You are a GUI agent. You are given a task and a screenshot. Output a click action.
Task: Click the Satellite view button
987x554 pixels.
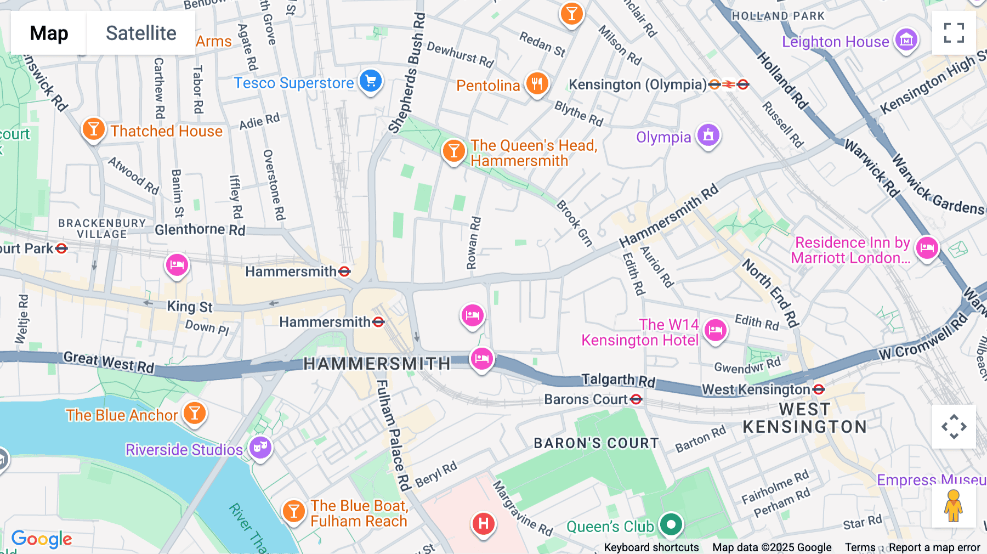click(x=141, y=33)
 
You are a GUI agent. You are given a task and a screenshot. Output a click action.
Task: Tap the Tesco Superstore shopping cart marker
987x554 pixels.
click(x=371, y=81)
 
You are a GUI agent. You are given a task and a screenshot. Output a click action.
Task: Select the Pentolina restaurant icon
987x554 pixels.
click(x=537, y=84)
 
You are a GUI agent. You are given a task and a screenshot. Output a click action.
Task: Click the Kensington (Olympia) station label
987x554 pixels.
click(x=637, y=84)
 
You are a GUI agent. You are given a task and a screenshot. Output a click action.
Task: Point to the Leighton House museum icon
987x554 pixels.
click(x=906, y=40)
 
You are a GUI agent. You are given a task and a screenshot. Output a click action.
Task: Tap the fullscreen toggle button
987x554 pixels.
click(x=954, y=33)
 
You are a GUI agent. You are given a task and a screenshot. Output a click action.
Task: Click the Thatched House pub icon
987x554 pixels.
click(x=94, y=129)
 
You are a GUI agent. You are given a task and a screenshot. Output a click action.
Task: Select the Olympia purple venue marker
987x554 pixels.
click(x=708, y=134)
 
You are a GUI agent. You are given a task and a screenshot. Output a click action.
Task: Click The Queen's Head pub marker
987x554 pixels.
click(x=453, y=151)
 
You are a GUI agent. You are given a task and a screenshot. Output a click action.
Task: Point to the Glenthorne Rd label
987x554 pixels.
click(x=200, y=229)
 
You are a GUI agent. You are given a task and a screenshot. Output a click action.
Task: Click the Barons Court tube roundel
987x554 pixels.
click(x=636, y=399)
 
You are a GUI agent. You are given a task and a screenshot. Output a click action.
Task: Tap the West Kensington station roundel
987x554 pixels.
click(x=819, y=389)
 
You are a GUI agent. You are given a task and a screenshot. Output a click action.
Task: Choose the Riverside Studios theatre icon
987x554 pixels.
click(x=260, y=448)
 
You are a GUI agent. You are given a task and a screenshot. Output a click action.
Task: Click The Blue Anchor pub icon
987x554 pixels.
click(x=194, y=413)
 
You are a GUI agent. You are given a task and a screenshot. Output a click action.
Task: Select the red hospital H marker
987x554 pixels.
click(x=483, y=524)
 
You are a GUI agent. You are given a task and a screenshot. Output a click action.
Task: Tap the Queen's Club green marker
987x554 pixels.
click(x=671, y=524)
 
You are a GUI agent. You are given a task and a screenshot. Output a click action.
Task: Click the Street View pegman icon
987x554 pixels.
click(x=954, y=506)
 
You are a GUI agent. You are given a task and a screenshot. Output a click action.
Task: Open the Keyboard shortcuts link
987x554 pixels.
click(x=651, y=547)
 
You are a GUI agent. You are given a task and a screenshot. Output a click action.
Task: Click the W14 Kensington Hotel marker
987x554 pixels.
click(x=715, y=331)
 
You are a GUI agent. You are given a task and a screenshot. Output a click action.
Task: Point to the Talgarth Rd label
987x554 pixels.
click(x=618, y=380)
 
